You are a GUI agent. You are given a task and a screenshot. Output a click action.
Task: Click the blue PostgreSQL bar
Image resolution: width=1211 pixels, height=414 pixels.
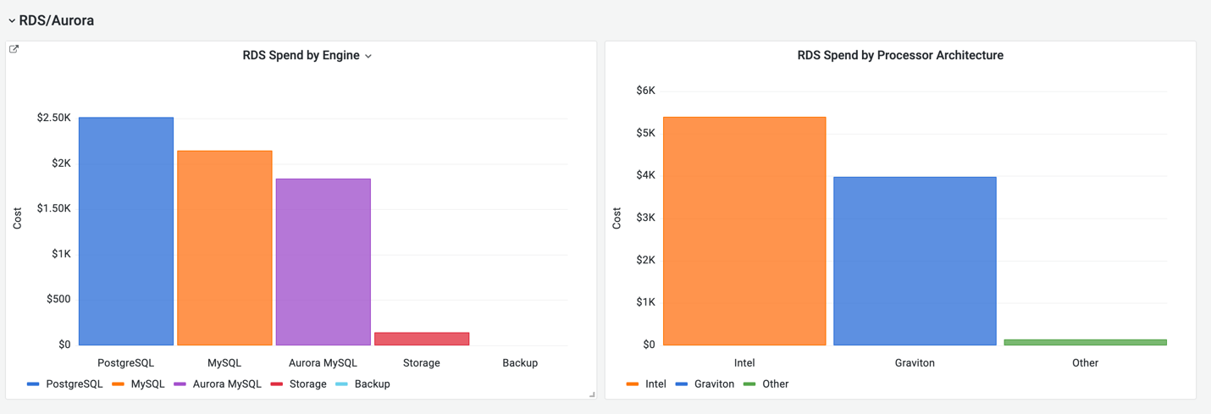point(126,231)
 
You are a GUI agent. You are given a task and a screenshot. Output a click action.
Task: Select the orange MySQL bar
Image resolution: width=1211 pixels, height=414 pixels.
point(224,248)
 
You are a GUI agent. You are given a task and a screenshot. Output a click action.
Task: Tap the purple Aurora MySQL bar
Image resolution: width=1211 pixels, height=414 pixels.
point(323,262)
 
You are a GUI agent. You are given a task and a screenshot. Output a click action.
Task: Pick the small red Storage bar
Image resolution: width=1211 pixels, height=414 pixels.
point(422,339)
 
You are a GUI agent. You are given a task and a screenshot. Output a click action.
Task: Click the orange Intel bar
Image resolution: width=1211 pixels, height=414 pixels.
point(744,231)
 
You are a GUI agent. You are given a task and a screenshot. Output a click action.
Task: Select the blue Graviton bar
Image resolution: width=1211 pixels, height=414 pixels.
point(915,261)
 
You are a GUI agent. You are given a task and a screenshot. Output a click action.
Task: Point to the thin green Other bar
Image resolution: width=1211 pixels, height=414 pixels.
point(1085,342)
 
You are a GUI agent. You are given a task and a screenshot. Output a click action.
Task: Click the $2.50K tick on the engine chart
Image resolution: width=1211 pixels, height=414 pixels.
point(54,118)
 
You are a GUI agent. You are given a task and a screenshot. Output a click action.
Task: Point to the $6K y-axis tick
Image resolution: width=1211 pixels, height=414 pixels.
point(645,91)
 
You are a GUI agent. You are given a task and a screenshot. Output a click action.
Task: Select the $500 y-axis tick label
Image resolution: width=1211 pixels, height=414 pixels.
point(58,299)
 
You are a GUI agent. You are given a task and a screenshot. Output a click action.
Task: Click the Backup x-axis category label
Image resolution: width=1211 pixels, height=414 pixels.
point(520,362)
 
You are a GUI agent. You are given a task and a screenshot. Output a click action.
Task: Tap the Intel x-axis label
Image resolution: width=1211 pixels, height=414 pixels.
point(744,362)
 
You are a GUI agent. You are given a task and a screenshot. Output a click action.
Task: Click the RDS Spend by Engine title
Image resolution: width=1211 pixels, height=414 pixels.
point(301,56)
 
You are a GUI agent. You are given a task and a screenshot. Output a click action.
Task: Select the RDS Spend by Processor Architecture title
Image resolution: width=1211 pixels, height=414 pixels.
point(900,56)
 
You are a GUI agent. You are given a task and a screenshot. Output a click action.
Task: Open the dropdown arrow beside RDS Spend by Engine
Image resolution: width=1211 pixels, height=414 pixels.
point(368,57)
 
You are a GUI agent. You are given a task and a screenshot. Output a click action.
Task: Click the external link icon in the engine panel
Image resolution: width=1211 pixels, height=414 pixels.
point(14,49)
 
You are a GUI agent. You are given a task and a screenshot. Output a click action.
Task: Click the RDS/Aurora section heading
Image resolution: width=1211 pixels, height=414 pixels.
point(56,20)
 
